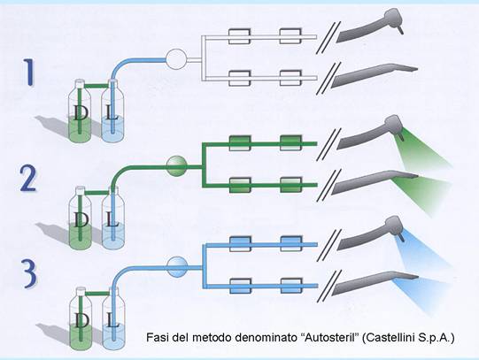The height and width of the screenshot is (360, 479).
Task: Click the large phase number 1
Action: click(29, 73)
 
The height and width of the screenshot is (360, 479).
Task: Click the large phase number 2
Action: click(28, 179)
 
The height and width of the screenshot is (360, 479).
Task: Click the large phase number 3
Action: click(29, 273)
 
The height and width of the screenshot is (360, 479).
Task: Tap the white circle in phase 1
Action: click(176, 59)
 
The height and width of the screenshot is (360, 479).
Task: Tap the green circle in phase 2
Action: click(176, 165)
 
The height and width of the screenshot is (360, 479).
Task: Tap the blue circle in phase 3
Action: click(177, 267)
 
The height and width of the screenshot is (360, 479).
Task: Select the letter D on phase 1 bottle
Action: click(80, 113)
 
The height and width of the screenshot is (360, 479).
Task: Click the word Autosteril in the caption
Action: click(329, 338)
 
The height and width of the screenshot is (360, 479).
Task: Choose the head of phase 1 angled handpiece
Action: click(394, 19)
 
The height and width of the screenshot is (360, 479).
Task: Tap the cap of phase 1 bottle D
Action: click(80, 82)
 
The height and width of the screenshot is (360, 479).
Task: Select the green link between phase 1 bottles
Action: click(97, 87)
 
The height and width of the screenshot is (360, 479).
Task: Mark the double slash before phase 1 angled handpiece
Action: click(328, 38)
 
